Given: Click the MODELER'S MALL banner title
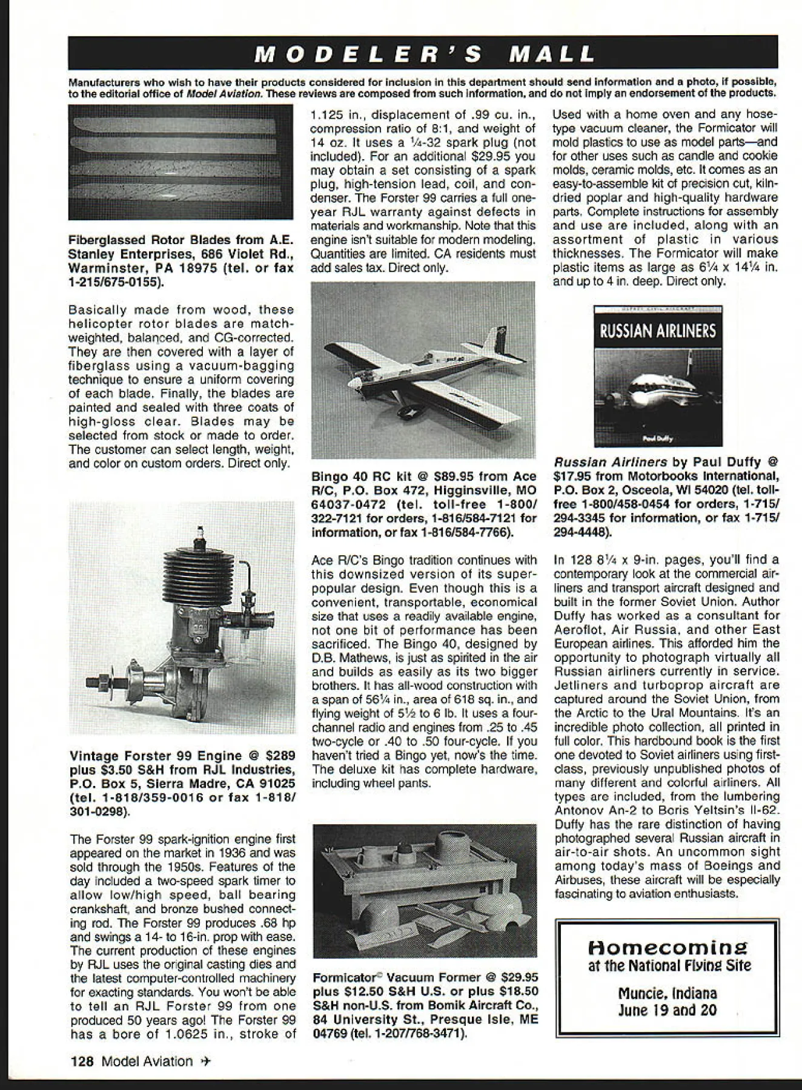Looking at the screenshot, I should (x=424, y=54).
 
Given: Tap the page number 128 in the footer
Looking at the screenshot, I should (x=82, y=1061).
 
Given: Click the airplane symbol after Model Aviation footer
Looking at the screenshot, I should (x=206, y=1061).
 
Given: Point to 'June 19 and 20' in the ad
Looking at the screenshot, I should (x=667, y=1010).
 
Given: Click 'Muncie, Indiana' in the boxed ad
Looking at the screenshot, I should (x=667, y=993).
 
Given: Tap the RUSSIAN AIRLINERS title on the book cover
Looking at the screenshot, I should (x=658, y=331).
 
